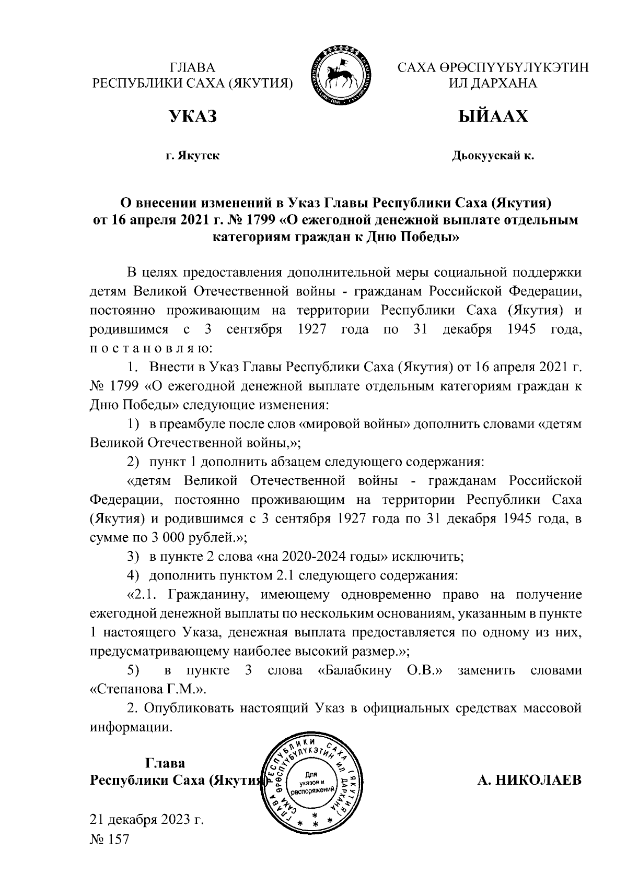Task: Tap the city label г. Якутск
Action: coord(192,156)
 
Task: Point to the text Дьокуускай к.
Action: coord(493,156)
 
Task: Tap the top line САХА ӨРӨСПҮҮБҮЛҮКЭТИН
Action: coord(493,68)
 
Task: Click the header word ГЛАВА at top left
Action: coord(192,68)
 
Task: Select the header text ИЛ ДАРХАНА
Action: coord(493,84)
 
